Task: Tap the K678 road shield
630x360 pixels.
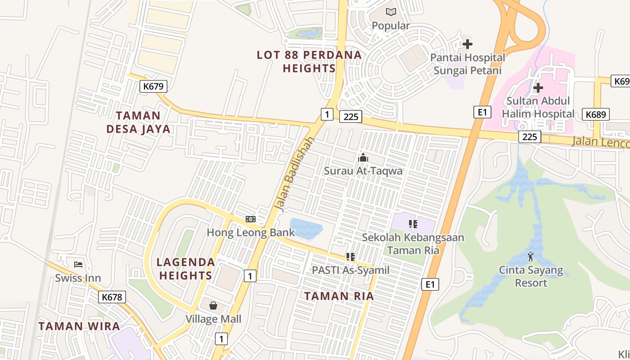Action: pos(112,297)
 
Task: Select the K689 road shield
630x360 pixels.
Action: pos(596,114)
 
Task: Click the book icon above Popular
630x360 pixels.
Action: pos(391,12)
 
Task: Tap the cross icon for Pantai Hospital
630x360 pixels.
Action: pos(468,44)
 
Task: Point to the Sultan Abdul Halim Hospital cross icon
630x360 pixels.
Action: pos(538,87)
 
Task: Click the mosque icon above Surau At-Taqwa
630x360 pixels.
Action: pos(363,157)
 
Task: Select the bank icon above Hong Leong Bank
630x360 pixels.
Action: pos(251,219)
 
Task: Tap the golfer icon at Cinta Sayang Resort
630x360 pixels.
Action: pos(531,256)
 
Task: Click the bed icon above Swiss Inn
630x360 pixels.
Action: pos(78,264)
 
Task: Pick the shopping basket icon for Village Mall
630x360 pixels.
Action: pos(213,306)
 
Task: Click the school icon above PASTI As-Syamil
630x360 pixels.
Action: pos(351,257)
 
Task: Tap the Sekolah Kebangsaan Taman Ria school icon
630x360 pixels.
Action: pos(413,224)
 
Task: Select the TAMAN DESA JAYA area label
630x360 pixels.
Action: pos(139,122)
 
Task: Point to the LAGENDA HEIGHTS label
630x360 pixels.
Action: pos(185,269)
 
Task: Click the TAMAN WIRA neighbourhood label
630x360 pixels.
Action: pos(79,326)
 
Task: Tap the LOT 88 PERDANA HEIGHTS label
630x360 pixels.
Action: pos(309,62)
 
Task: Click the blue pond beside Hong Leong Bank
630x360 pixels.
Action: pos(306,228)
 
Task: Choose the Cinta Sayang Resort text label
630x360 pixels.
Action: pos(531,276)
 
